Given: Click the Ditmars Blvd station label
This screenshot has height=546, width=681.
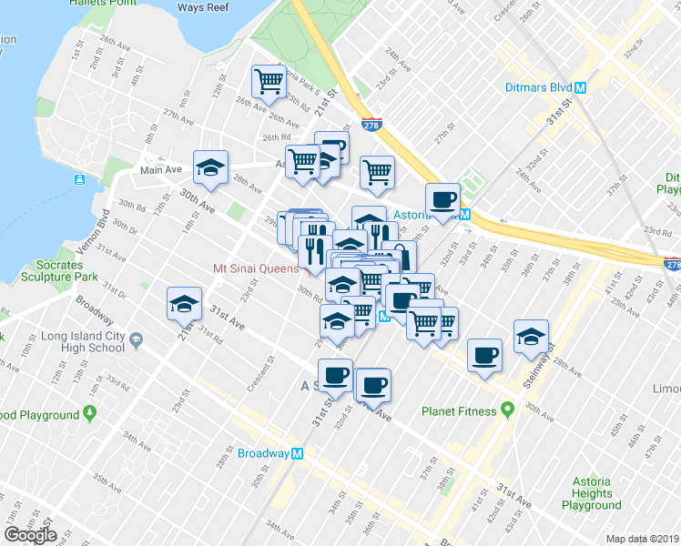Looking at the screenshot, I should click(x=537, y=88).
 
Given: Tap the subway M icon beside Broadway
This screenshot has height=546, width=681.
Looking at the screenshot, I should click(x=297, y=453).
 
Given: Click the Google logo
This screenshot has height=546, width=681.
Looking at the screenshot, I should click(x=31, y=535).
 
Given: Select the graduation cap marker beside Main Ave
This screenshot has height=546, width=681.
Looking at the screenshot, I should click(x=211, y=167).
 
